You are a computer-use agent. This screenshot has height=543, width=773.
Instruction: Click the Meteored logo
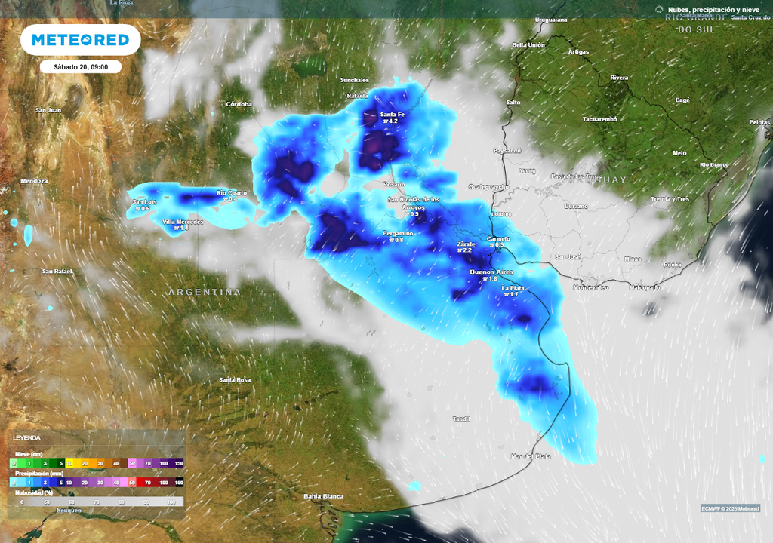(80, 40)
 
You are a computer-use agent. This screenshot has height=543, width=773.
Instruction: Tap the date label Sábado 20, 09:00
(81, 66)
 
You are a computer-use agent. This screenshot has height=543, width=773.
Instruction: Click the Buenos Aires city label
(491, 271)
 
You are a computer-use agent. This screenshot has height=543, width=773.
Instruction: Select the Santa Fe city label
(392, 114)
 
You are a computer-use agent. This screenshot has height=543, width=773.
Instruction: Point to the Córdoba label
(239, 104)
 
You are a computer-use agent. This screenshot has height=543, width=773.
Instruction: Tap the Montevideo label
(590, 287)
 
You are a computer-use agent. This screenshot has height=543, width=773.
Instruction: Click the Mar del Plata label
(531, 456)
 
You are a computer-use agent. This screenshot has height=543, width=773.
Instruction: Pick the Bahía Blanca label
(323, 495)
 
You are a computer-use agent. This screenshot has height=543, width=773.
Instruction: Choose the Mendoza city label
(34, 181)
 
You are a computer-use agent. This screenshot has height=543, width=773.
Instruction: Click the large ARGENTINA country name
(205, 292)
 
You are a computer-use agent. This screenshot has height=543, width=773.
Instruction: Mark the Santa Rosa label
(234, 379)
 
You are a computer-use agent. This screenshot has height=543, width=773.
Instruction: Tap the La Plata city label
(513, 287)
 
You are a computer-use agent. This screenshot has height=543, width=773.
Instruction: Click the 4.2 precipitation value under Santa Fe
(392, 121)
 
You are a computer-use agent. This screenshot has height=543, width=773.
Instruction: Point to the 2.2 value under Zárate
(465, 250)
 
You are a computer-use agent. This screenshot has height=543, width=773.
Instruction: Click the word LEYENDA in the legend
(26, 437)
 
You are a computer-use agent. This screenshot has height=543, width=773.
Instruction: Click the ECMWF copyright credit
(730, 508)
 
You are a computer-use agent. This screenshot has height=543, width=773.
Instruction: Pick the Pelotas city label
(759, 122)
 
